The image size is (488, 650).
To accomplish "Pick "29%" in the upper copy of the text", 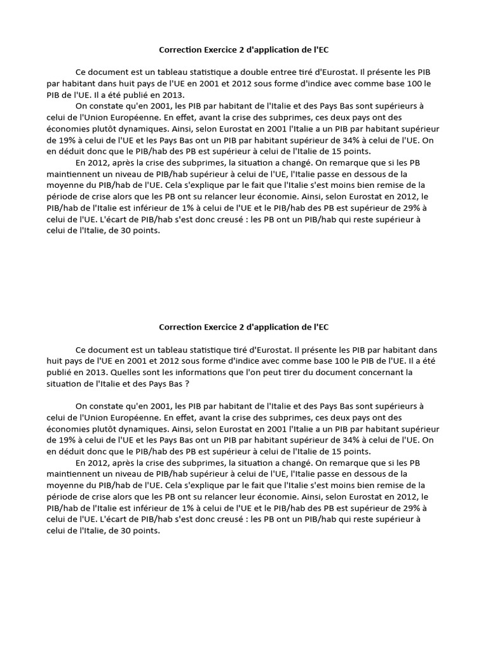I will click(420, 208).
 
